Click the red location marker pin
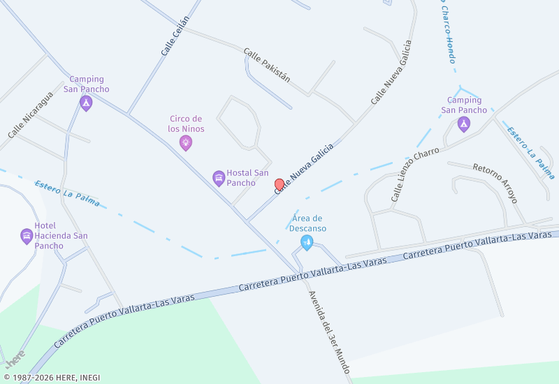click(279, 184)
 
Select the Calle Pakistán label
click(267, 65)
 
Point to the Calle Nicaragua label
click(30, 115)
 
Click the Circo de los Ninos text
click(186, 124)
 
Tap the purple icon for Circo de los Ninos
click(186, 143)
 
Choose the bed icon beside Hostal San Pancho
click(219, 178)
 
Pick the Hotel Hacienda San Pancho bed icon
click(27, 236)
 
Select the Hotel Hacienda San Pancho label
click(61, 236)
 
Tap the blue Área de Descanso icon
click(306, 242)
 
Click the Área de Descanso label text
click(307, 223)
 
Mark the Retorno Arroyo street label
click(495, 183)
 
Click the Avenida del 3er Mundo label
click(328, 332)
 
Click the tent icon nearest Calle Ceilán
click(86, 103)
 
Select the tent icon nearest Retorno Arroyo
click(463, 124)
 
